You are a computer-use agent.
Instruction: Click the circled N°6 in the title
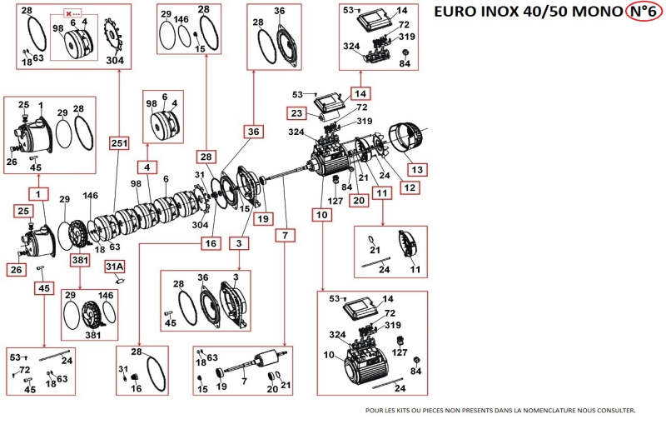pos(643,12)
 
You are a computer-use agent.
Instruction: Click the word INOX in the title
pos(514,12)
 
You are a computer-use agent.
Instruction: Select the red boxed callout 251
pos(118,143)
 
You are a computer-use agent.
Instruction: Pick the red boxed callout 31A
pos(114,267)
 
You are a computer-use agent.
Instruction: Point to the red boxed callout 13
pos(418,169)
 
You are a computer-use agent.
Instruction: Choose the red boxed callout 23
pos(297,112)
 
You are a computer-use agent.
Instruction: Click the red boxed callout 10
pos(322,214)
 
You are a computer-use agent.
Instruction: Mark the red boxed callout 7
pos(285,236)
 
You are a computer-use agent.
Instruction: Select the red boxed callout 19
pos(263,219)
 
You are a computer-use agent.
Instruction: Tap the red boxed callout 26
pos(17,269)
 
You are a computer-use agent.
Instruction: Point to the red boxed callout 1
pos(38,194)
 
